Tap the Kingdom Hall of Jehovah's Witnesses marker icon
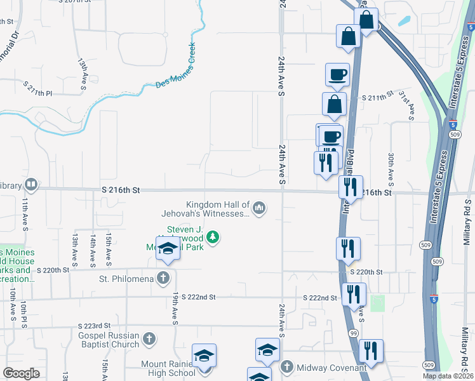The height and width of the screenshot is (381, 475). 259,208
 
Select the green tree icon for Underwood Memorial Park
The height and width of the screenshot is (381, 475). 214,238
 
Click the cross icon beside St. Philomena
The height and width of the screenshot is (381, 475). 164,278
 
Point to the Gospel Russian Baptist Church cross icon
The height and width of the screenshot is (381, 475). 149,340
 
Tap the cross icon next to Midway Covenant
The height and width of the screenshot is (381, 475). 287,368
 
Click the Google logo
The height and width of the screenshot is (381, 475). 21,373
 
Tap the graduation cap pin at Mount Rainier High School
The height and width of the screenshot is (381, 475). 204,356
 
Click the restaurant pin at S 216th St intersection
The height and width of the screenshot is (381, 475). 351,187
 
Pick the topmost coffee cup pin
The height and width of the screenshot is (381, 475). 337,74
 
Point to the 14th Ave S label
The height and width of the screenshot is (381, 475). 93,249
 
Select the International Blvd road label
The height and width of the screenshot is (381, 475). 348,184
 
